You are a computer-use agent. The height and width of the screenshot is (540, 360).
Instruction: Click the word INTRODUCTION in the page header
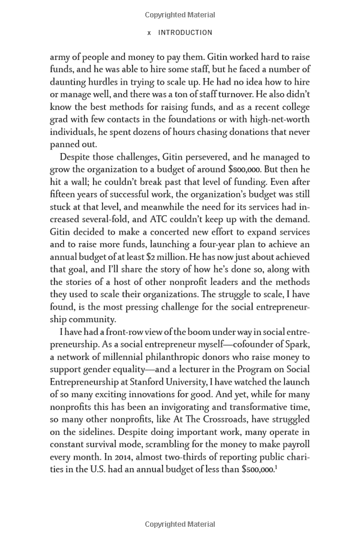coord(185,33)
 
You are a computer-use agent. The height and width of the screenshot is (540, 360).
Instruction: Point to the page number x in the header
coord(149,33)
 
